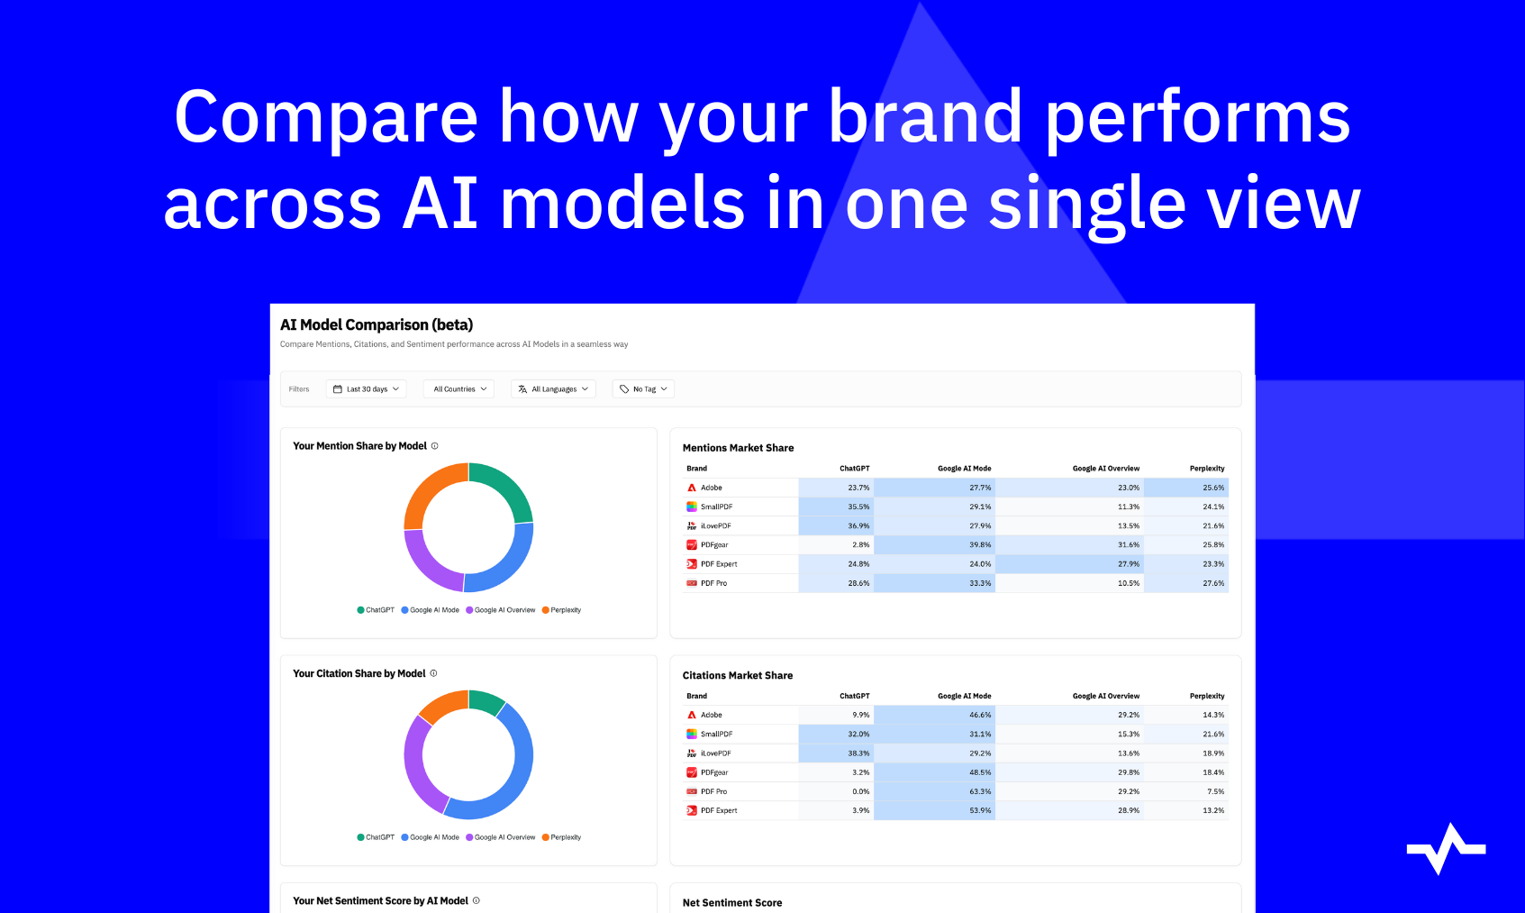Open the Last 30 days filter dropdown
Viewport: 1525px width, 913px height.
[x=367, y=389]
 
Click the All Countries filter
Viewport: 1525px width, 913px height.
[x=458, y=389]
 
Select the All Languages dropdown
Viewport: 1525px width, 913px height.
[x=553, y=389]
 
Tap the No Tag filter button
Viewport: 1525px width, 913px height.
[x=642, y=389]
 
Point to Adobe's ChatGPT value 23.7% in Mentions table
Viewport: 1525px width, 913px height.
[x=858, y=488]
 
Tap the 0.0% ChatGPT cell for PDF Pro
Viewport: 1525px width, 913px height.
[x=860, y=791]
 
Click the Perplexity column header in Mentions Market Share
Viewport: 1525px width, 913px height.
[x=1207, y=469]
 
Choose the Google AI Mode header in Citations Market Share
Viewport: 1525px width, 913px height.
[x=964, y=697]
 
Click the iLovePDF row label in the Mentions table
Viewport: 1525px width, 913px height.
[x=715, y=526]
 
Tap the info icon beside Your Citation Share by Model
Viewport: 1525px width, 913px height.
[x=433, y=673]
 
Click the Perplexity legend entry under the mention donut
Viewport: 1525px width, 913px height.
[x=561, y=610]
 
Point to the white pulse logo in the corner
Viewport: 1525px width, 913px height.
[x=1446, y=848]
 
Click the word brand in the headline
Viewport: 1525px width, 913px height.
[x=924, y=116]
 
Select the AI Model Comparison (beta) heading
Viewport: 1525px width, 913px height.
[x=377, y=325]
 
